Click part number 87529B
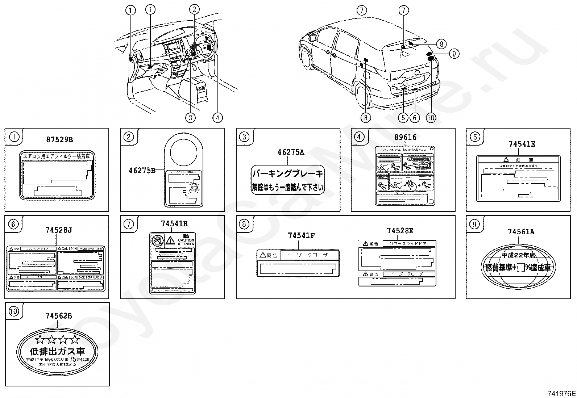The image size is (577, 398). point(59,140)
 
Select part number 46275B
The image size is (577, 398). point(142,170)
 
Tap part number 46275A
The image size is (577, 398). point(291,152)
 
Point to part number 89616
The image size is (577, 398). point(405,137)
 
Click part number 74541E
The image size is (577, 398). point(522,144)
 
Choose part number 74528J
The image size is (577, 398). point(59,230)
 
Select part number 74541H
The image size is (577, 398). point(174,224)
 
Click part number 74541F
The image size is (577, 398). point(301,236)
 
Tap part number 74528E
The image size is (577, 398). point(400,231)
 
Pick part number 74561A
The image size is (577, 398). point(521,232)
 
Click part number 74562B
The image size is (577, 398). point(59,316)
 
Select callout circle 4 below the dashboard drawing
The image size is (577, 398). point(217,117)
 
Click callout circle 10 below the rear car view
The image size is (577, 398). point(431,117)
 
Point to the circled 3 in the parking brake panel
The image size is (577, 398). point(245,137)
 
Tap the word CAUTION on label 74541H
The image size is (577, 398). point(186,240)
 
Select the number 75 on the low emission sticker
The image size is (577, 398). point(73,359)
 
